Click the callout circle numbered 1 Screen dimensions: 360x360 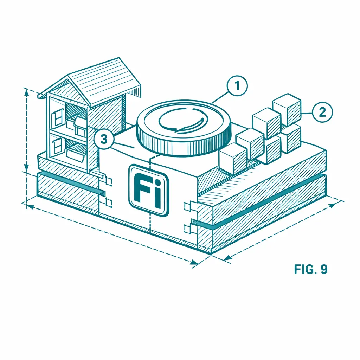[x=237, y=86]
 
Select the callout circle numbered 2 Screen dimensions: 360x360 [x=322, y=112]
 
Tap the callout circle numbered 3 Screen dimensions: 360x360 [x=104, y=139]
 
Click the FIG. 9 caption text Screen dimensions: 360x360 [x=311, y=269]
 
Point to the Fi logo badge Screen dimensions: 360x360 [x=149, y=190]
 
